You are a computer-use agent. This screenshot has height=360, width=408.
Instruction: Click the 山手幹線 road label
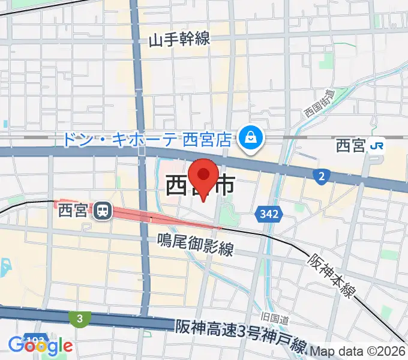[x=179, y=40]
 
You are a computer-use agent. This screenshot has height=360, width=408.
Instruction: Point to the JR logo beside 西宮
[x=377, y=145]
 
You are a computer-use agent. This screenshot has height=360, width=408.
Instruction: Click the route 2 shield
[x=322, y=176]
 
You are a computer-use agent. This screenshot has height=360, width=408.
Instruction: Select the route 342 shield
[x=268, y=213]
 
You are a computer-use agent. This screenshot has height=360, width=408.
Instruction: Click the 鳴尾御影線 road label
[x=195, y=244]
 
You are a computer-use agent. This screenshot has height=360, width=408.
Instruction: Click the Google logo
[x=40, y=346]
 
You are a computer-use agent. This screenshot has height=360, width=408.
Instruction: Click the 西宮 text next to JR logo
[x=350, y=145]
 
